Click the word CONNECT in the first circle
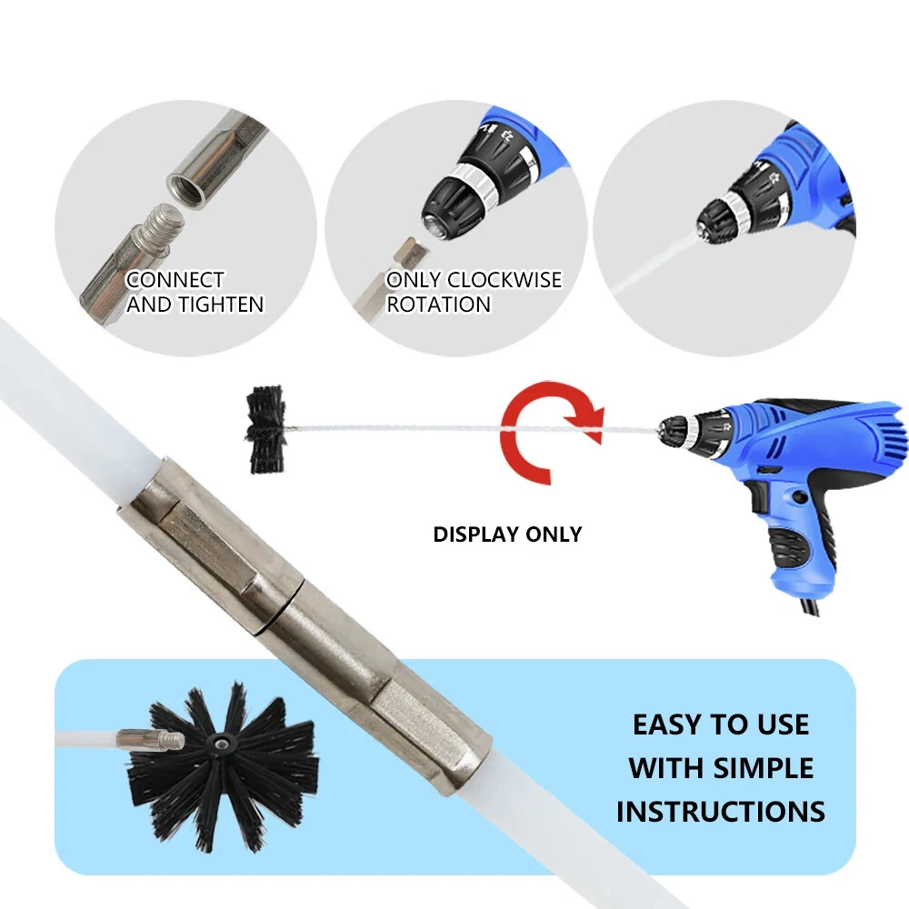tap(175, 280)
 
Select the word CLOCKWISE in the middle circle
tap(504, 280)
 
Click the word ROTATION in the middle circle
tap(439, 305)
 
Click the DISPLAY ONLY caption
tap(507, 534)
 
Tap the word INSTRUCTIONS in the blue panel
tap(720, 811)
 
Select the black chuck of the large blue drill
tap(685, 424)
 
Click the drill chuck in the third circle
tap(723, 219)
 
